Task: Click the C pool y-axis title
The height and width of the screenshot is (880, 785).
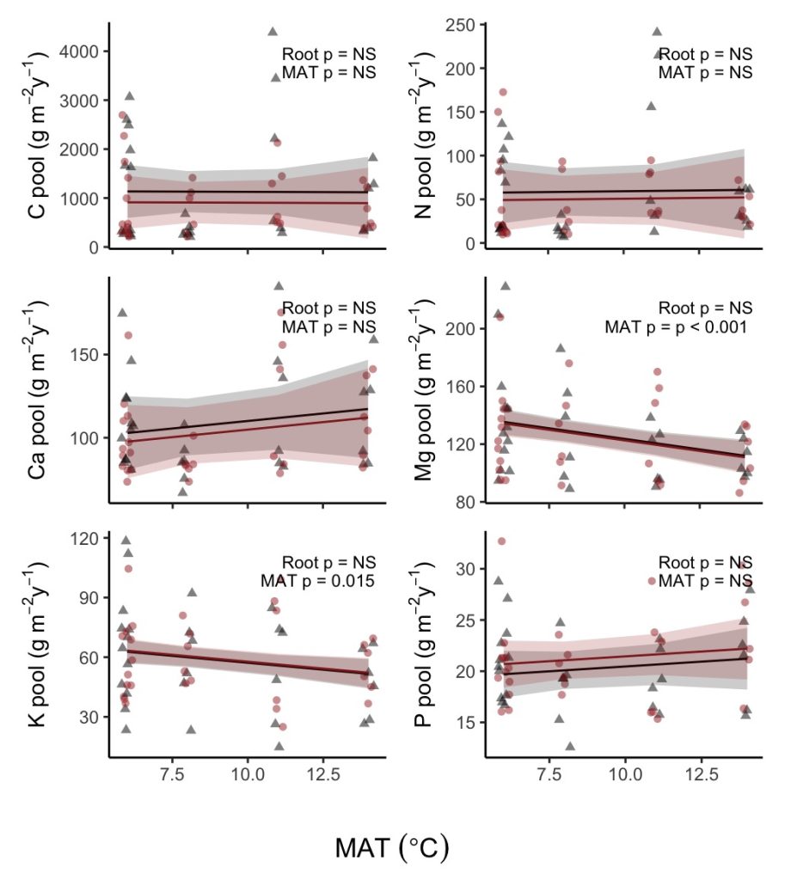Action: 37,137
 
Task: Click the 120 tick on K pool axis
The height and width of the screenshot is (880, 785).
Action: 84,538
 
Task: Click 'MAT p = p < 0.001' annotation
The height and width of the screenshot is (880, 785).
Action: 678,327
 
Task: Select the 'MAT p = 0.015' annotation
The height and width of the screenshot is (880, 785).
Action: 318,582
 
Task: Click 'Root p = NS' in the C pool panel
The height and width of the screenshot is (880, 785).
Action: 328,54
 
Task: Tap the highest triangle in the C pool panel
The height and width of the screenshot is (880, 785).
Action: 273,31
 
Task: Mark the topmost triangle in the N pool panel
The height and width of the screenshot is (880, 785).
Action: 657,32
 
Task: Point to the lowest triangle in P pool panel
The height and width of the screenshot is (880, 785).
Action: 570,746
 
